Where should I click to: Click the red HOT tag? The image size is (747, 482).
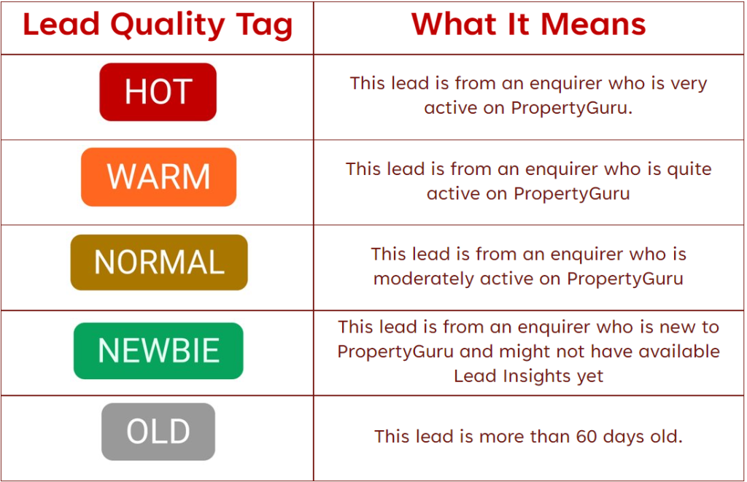coord(158,92)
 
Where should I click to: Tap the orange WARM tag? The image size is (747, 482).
coord(158,176)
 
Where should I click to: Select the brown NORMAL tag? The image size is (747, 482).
coord(159,263)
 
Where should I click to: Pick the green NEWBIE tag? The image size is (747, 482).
coord(158,351)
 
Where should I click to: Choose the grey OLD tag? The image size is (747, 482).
coord(158,432)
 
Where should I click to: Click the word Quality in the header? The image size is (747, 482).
coord(168,26)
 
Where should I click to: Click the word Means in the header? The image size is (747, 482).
coord(593,24)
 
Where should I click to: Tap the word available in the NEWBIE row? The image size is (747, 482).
coord(679,351)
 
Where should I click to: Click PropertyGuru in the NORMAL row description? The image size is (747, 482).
coord(625,279)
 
